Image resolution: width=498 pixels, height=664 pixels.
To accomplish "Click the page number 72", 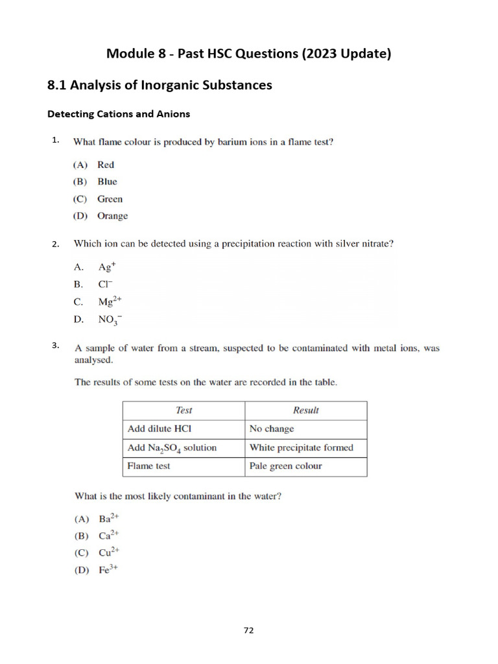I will click(249, 630).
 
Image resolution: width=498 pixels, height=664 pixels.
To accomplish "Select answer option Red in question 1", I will click(105, 165).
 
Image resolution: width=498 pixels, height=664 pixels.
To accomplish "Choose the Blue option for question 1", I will click(107, 182).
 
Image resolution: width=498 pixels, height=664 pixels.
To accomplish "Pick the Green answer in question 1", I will click(110, 199).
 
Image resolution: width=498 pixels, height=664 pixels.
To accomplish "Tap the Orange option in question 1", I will click(112, 216).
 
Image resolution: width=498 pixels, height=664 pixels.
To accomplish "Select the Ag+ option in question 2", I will click(106, 267).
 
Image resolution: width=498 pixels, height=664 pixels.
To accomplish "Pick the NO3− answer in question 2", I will click(110, 319).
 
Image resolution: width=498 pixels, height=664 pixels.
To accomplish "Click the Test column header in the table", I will click(184, 410).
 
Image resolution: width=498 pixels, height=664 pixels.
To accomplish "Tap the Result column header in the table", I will click(305, 410).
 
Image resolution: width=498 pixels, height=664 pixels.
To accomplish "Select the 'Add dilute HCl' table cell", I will click(160, 429).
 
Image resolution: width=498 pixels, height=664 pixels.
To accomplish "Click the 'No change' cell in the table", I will click(272, 429).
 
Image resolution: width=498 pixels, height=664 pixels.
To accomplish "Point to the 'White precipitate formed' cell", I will click(302, 447).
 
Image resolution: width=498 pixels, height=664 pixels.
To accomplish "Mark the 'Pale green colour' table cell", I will click(285, 466).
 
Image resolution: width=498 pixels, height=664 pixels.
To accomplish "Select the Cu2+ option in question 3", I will click(108, 553).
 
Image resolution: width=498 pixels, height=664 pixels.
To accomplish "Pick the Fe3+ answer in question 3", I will click(107, 570).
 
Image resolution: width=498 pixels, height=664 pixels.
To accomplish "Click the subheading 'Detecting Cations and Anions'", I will click(119, 114).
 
